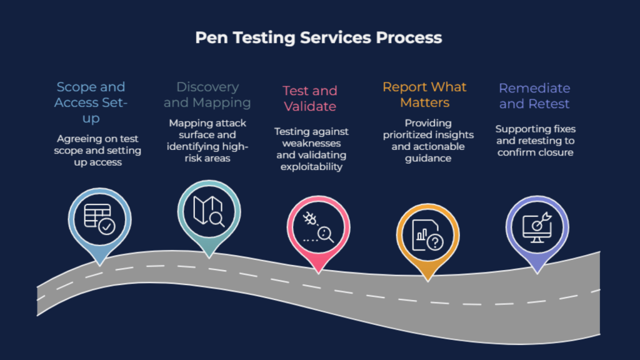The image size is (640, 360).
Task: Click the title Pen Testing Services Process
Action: pos(319,37)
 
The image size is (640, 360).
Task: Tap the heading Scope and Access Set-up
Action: pos(91,102)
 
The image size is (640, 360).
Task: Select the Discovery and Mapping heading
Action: pos(207,94)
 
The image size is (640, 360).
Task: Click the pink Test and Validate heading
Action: pos(310,99)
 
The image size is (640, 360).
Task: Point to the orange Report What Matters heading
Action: pos(425,94)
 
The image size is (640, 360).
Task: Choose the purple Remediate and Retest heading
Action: pos(534,96)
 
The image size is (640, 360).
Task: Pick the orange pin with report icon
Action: pos(427,234)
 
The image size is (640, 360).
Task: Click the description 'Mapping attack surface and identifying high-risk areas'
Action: pos(207,141)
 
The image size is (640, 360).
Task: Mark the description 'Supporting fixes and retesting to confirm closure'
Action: pos(535,141)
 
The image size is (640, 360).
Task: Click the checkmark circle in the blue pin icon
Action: pos(106,226)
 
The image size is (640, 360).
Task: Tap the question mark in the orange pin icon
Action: pos(434,242)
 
